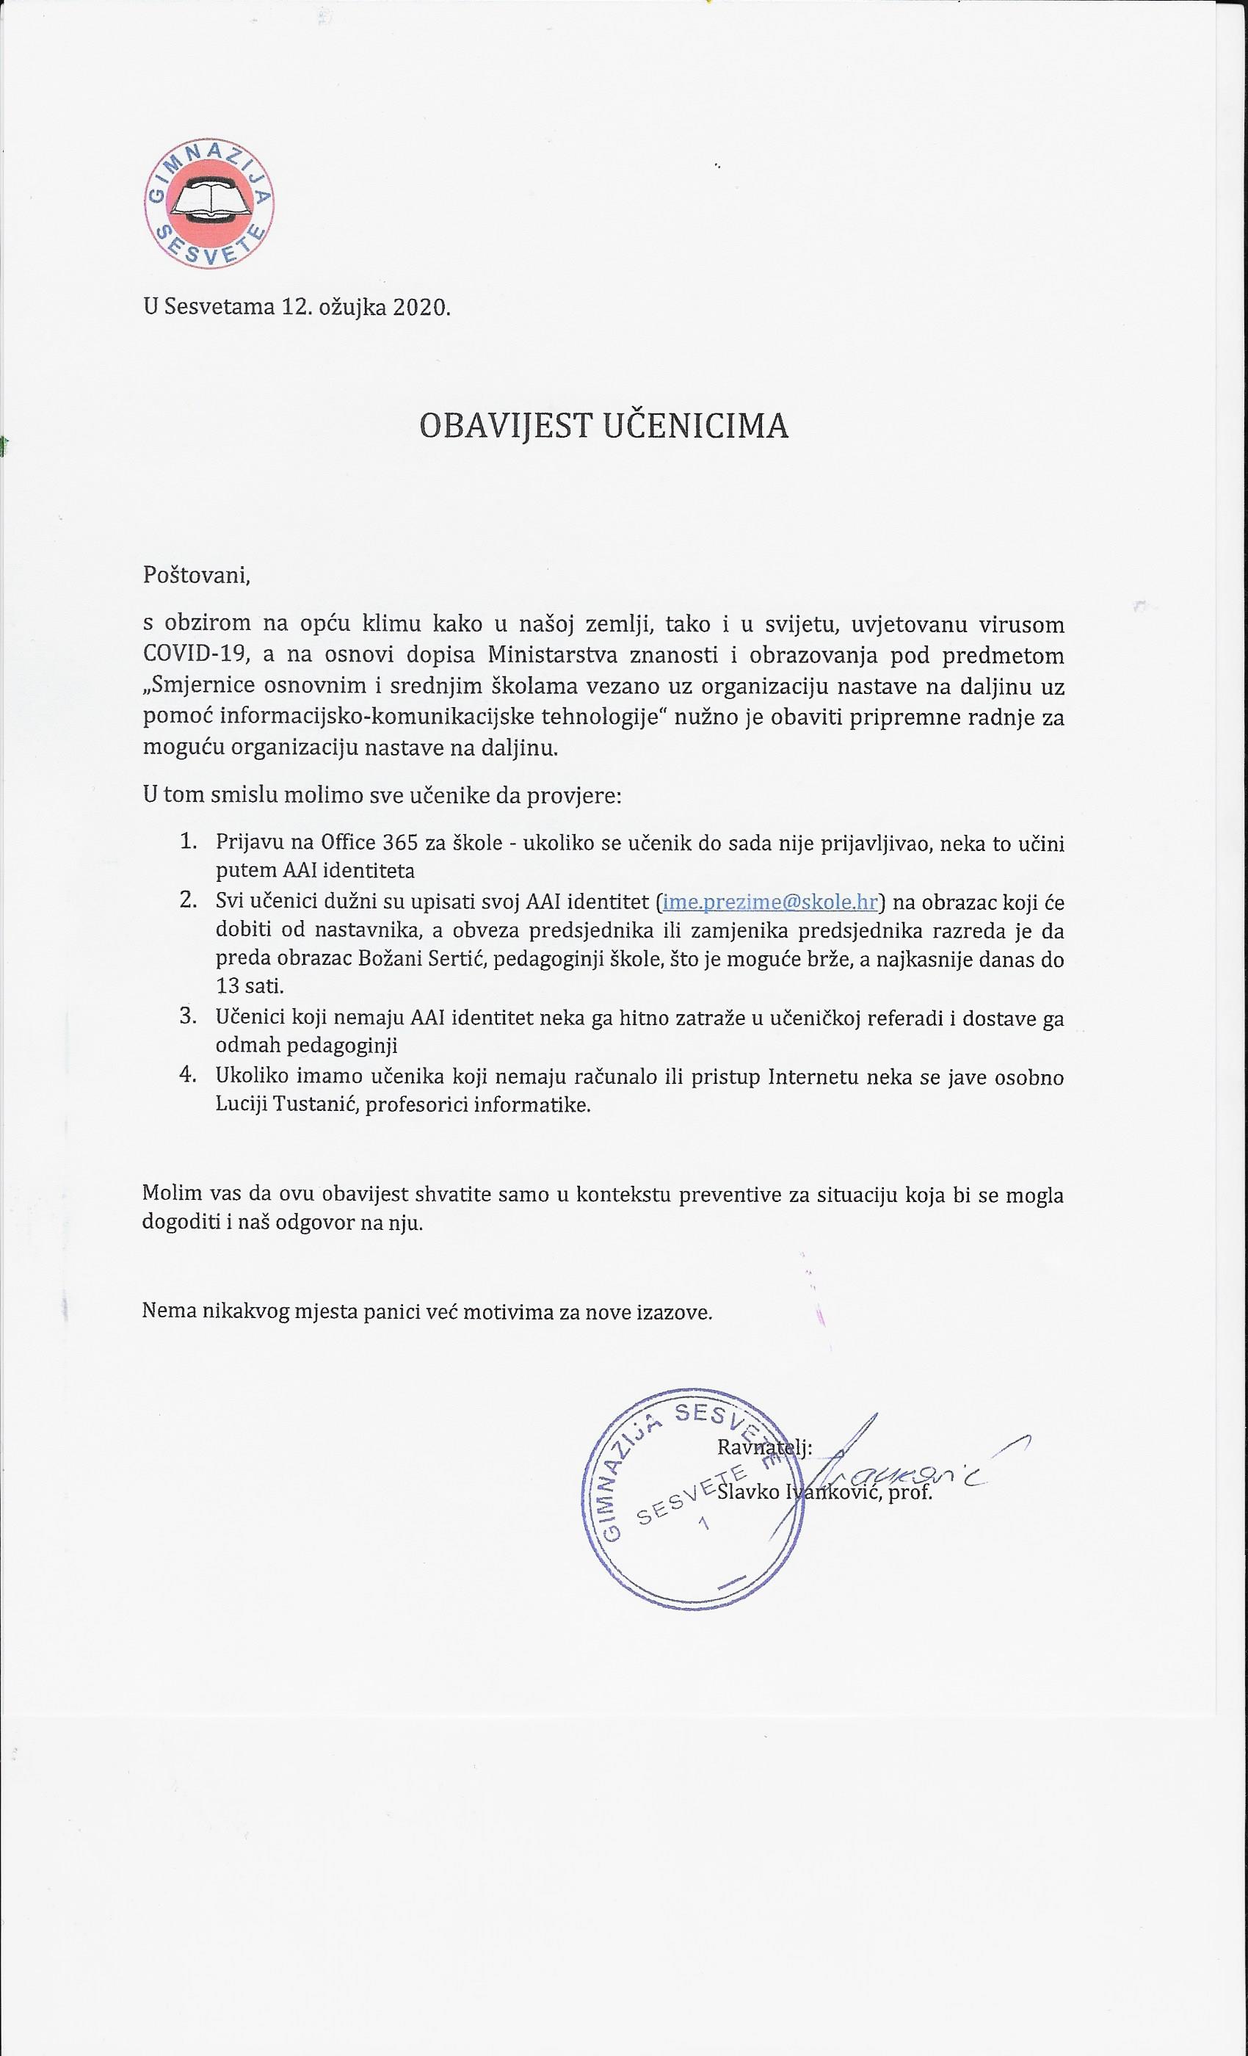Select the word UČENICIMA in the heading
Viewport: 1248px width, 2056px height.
695,427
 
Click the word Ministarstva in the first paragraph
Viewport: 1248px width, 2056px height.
552,655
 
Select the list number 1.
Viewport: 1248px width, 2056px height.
189,840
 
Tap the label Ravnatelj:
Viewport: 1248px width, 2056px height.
764,1448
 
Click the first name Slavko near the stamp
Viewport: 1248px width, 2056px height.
746,1492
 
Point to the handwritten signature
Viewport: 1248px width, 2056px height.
918,1460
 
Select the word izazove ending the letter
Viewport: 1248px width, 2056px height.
678,1313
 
